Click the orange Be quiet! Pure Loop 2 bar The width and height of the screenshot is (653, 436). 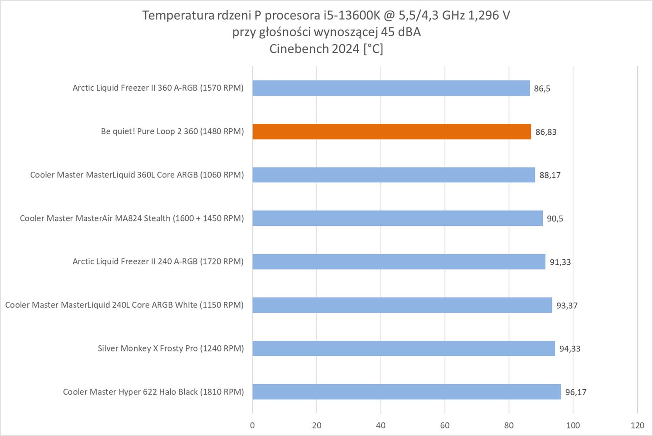click(391, 132)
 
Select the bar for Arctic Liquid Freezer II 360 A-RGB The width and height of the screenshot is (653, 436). click(391, 88)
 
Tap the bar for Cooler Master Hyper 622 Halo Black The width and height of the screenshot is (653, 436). click(406, 392)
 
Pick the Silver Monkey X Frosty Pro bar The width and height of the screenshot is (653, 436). click(403, 348)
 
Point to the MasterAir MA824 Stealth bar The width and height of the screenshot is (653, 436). click(397, 218)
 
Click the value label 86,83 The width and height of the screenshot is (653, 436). click(546, 132)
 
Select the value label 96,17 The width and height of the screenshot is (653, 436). click(575, 392)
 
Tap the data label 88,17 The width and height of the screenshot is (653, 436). click(550, 175)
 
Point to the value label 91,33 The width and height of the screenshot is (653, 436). click(560, 262)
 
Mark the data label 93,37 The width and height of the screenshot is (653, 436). click(567, 305)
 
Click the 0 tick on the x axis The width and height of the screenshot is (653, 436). click(252, 426)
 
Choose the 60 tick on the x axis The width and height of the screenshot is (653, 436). click(445, 426)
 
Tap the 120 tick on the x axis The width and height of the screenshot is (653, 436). click(637, 426)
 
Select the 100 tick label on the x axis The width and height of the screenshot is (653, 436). click(573, 426)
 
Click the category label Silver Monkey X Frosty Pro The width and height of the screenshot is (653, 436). click(171, 348)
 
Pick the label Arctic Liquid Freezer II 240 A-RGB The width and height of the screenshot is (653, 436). click(158, 262)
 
